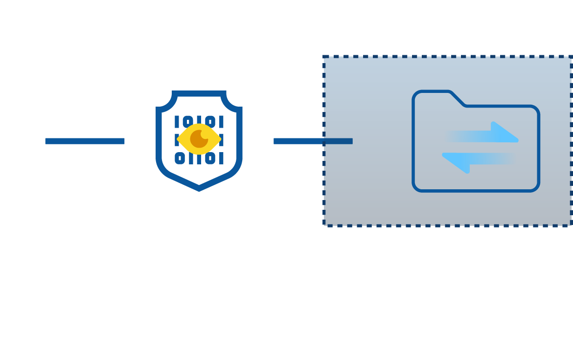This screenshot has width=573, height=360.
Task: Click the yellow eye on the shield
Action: (x=199, y=139)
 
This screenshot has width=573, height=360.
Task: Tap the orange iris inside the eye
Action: (x=199, y=139)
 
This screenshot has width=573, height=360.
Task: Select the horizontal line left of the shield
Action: (x=85, y=141)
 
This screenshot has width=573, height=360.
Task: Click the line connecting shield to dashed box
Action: (x=313, y=141)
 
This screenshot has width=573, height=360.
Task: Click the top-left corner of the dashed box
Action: (x=324, y=57)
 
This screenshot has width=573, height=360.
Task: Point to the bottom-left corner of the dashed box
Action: (x=324, y=225)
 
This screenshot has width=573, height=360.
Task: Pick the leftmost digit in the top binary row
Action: (x=177, y=121)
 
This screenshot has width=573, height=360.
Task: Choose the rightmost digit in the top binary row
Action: (x=221, y=121)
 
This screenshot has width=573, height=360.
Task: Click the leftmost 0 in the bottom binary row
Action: (x=180, y=158)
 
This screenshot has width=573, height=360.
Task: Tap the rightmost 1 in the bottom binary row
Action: (x=221, y=158)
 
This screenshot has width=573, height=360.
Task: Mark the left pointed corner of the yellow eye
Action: (x=178, y=139)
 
